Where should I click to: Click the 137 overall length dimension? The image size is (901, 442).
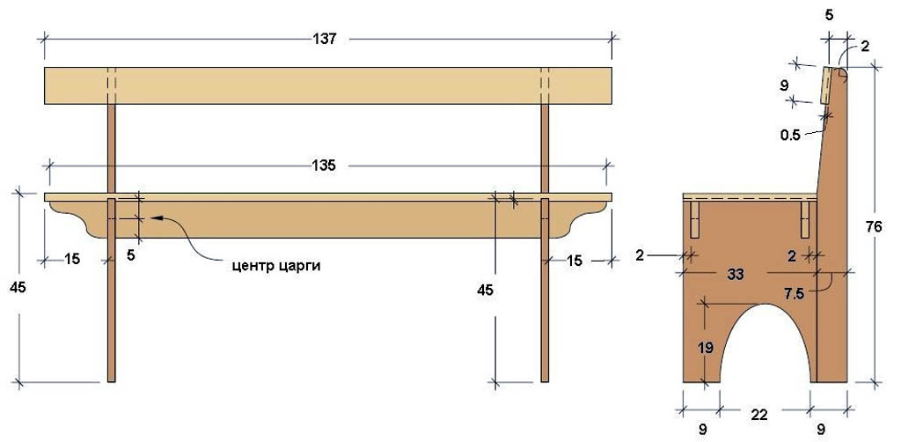pos(325,39)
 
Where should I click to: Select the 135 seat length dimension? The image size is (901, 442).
pos(325,166)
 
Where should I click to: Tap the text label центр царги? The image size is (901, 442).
pos(276,266)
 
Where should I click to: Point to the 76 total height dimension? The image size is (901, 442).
pos(874,227)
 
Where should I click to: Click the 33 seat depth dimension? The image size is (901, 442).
pos(736,275)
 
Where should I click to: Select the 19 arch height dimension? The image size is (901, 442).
pos(707,347)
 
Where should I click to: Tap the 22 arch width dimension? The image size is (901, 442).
pos(759,415)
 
